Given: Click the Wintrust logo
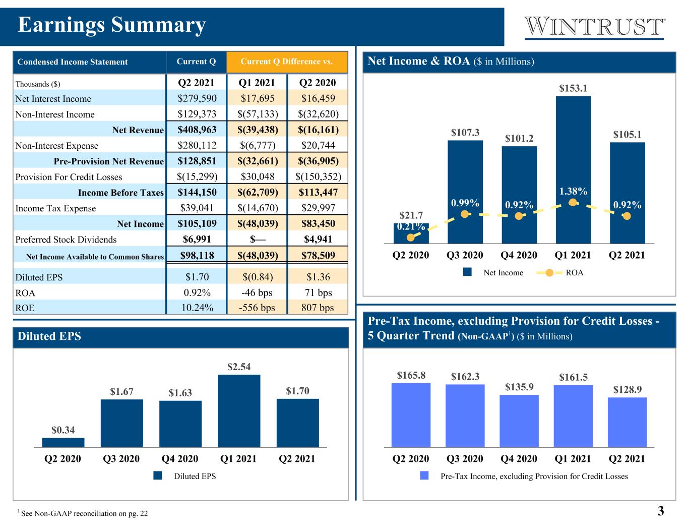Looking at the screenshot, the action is (x=594, y=28).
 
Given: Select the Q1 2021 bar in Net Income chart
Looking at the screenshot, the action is (x=573, y=170).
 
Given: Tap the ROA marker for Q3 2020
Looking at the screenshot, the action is (x=465, y=214).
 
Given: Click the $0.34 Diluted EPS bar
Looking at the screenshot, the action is (x=63, y=442).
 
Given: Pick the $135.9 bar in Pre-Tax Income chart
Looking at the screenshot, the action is (x=519, y=421).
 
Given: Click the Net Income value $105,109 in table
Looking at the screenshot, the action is (x=197, y=223).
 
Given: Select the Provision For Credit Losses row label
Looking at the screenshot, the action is (x=69, y=176).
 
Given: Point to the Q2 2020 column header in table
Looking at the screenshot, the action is (x=318, y=83).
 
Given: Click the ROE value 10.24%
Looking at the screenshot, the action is (x=197, y=308).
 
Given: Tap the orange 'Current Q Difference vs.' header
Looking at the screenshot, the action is (x=287, y=62).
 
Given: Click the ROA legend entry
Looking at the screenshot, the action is (x=560, y=273).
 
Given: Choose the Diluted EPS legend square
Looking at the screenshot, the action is (x=158, y=476).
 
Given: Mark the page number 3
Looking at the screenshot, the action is (x=660, y=511).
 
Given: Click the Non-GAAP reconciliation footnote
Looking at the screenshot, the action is (x=83, y=513).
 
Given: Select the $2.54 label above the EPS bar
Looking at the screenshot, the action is (x=239, y=367).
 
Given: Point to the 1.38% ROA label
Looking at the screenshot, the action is (x=573, y=191).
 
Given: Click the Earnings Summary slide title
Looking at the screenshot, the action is (x=112, y=25).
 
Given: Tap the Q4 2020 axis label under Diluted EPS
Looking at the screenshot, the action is (x=180, y=458).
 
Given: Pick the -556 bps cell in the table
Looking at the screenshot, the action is (x=257, y=308).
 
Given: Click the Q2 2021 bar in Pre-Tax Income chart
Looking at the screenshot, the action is (x=627, y=423).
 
